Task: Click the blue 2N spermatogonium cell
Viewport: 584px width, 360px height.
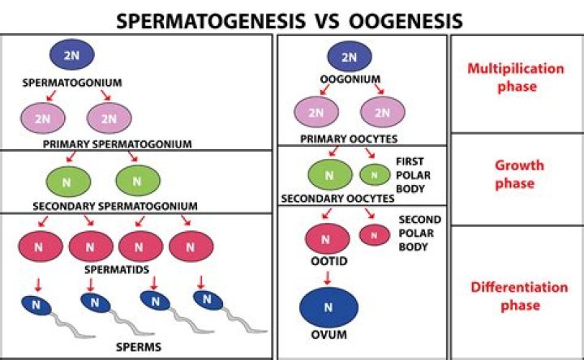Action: (x=72, y=54)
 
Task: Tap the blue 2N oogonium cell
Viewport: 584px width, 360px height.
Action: (x=349, y=57)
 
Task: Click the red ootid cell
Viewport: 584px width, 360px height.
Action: (x=328, y=238)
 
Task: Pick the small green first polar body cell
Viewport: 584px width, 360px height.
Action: (x=374, y=174)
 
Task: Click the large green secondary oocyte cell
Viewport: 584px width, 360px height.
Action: (x=329, y=174)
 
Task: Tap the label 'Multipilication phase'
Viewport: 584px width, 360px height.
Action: (x=515, y=77)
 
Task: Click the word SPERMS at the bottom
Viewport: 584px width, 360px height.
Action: (x=138, y=347)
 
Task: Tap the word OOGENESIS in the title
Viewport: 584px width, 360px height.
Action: (x=406, y=20)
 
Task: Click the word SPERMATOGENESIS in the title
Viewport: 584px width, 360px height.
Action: (x=203, y=20)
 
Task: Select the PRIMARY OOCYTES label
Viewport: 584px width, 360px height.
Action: (x=350, y=139)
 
